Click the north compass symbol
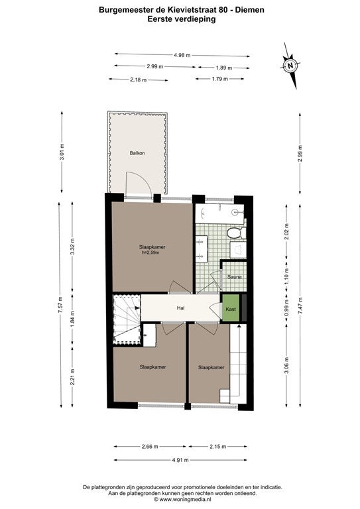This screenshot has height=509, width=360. (290, 66)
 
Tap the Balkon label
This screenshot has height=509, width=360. (137, 153)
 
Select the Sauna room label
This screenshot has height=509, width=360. (234, 277)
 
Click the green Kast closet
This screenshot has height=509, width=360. (231, 307)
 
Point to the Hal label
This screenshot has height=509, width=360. (181, 308)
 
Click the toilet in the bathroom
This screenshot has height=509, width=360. (236, 233)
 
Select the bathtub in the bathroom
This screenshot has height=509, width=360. (219, 213)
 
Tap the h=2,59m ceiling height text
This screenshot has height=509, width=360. (150, 253)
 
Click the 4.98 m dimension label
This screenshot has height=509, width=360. (182, 55)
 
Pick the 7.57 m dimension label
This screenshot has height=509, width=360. (60, 305)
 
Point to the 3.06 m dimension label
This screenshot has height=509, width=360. (286, 365)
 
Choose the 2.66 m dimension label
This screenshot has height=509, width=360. (150, 446)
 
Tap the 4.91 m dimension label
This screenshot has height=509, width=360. (180, 460)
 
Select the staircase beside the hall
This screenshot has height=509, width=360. (127, 319)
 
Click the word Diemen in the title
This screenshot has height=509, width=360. (249, 10)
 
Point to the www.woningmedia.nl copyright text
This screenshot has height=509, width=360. (182, 499)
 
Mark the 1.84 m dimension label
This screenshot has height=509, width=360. (72, 318)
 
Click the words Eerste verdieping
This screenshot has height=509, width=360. (182, 19)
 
